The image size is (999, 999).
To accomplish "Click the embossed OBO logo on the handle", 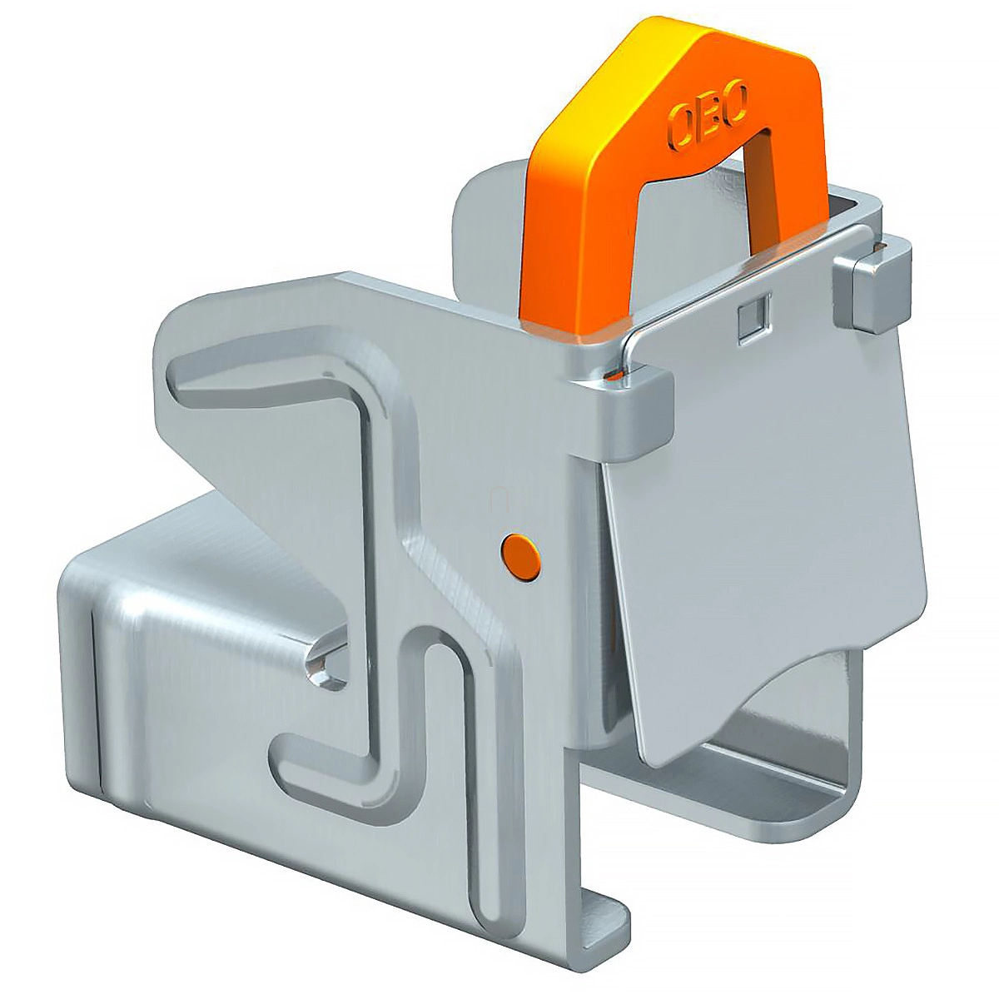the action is point(708,116).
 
